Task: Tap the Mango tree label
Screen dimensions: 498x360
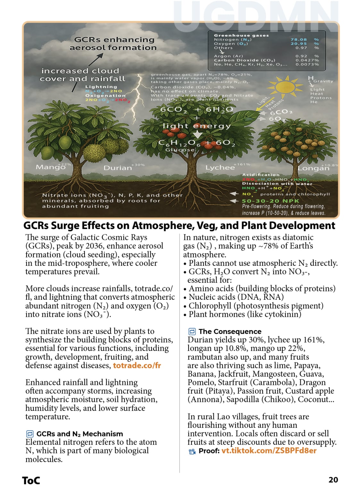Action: coord(50,167)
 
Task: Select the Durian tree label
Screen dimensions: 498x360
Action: coord(118,168)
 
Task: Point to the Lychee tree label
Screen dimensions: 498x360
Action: coord(220,167)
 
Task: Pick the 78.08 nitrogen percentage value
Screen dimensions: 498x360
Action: coord(299,39)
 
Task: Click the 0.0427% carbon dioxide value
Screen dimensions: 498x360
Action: coord(307,60)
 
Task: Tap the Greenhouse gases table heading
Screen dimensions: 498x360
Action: coord(241,36)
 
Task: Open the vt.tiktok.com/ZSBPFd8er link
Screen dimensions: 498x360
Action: coord(269,451)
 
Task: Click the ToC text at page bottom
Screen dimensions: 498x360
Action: coord(31,480)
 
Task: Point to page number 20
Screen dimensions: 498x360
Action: coord(333,480)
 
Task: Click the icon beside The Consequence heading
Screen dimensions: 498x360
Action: coord(192,331)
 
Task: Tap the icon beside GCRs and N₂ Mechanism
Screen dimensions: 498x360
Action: coord(29,434)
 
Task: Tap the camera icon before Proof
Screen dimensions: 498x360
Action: coord(192,451)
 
